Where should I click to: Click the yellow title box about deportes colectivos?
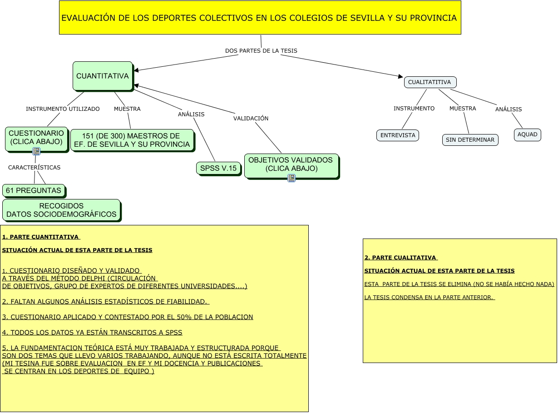260,18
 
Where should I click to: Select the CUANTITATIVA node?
103,76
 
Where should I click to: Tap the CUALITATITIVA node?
430,82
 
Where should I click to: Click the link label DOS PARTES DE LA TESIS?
261,50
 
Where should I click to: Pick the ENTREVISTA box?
398,135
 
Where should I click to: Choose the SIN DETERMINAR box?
470,140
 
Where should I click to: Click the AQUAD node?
527,134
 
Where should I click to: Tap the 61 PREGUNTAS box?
34,190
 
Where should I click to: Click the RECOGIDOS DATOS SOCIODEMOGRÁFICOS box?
61,210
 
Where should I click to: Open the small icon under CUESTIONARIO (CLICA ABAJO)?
36,151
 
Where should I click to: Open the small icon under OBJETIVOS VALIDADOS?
291,178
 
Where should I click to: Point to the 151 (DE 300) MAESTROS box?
132,140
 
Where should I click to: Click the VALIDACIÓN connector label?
251,119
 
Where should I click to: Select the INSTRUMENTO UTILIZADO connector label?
63,109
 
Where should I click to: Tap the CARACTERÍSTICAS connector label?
34,168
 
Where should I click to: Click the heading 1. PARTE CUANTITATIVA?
41,237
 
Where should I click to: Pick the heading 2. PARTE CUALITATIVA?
400,258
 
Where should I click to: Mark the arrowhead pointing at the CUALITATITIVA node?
400,76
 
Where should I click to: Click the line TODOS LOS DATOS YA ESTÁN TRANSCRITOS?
92,333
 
